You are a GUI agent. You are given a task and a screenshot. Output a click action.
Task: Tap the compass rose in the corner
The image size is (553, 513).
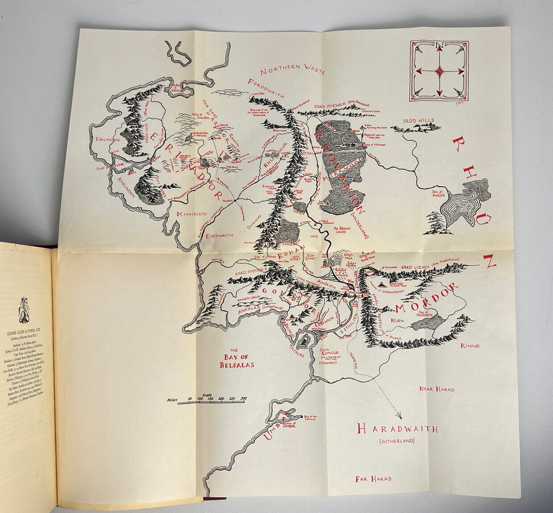[x=439, y=70]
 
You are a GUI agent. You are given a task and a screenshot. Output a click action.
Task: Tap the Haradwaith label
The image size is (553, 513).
[x=397, y=429]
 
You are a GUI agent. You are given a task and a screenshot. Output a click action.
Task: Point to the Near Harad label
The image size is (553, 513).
[x=437, y=389]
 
